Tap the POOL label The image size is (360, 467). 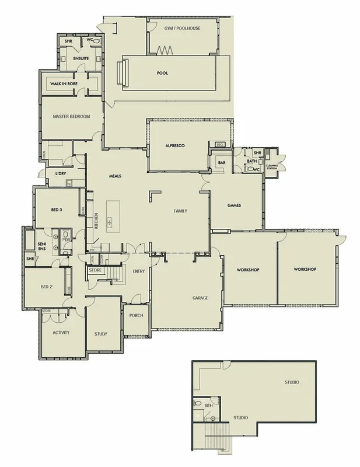click(163, 74)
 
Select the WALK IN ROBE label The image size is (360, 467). click(64, 84)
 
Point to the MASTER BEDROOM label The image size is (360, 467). click(71, 117)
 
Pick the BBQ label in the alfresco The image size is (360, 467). click(220, 144)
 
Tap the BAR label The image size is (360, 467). click(221, 162)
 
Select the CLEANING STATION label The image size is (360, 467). click(272, 167)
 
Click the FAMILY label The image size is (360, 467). click(180, 211)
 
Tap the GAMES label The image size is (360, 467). click(234, 205)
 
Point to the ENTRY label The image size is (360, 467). click(138, 271)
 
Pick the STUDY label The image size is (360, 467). click(100, 334)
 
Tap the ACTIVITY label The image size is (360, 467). click(61, 332)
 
